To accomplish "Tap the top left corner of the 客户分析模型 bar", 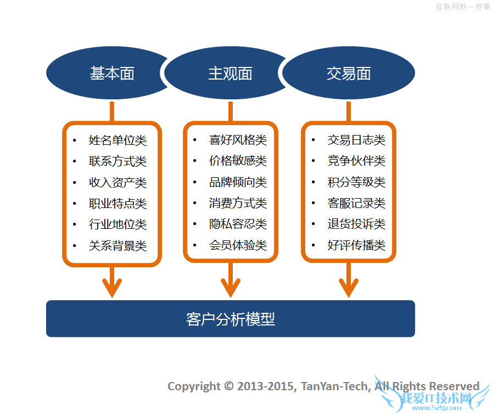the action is [47, 301].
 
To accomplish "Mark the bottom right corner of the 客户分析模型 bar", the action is [414, 337].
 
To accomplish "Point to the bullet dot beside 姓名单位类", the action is [75, 140].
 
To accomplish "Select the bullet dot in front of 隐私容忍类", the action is [195, 224].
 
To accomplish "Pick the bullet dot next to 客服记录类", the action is [313, 203].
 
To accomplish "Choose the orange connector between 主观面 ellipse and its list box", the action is [231, 111].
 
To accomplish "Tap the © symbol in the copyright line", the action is [229, 386].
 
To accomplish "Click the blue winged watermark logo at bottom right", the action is [433, 395].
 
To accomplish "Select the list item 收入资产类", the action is [117, 183].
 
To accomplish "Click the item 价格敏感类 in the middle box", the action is [238, 161].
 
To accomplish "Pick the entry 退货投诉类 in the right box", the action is [356, 224].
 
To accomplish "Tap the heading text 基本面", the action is [112, 74].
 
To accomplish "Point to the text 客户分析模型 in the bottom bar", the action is [231, 319].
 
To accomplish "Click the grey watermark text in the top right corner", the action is [462, 7].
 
